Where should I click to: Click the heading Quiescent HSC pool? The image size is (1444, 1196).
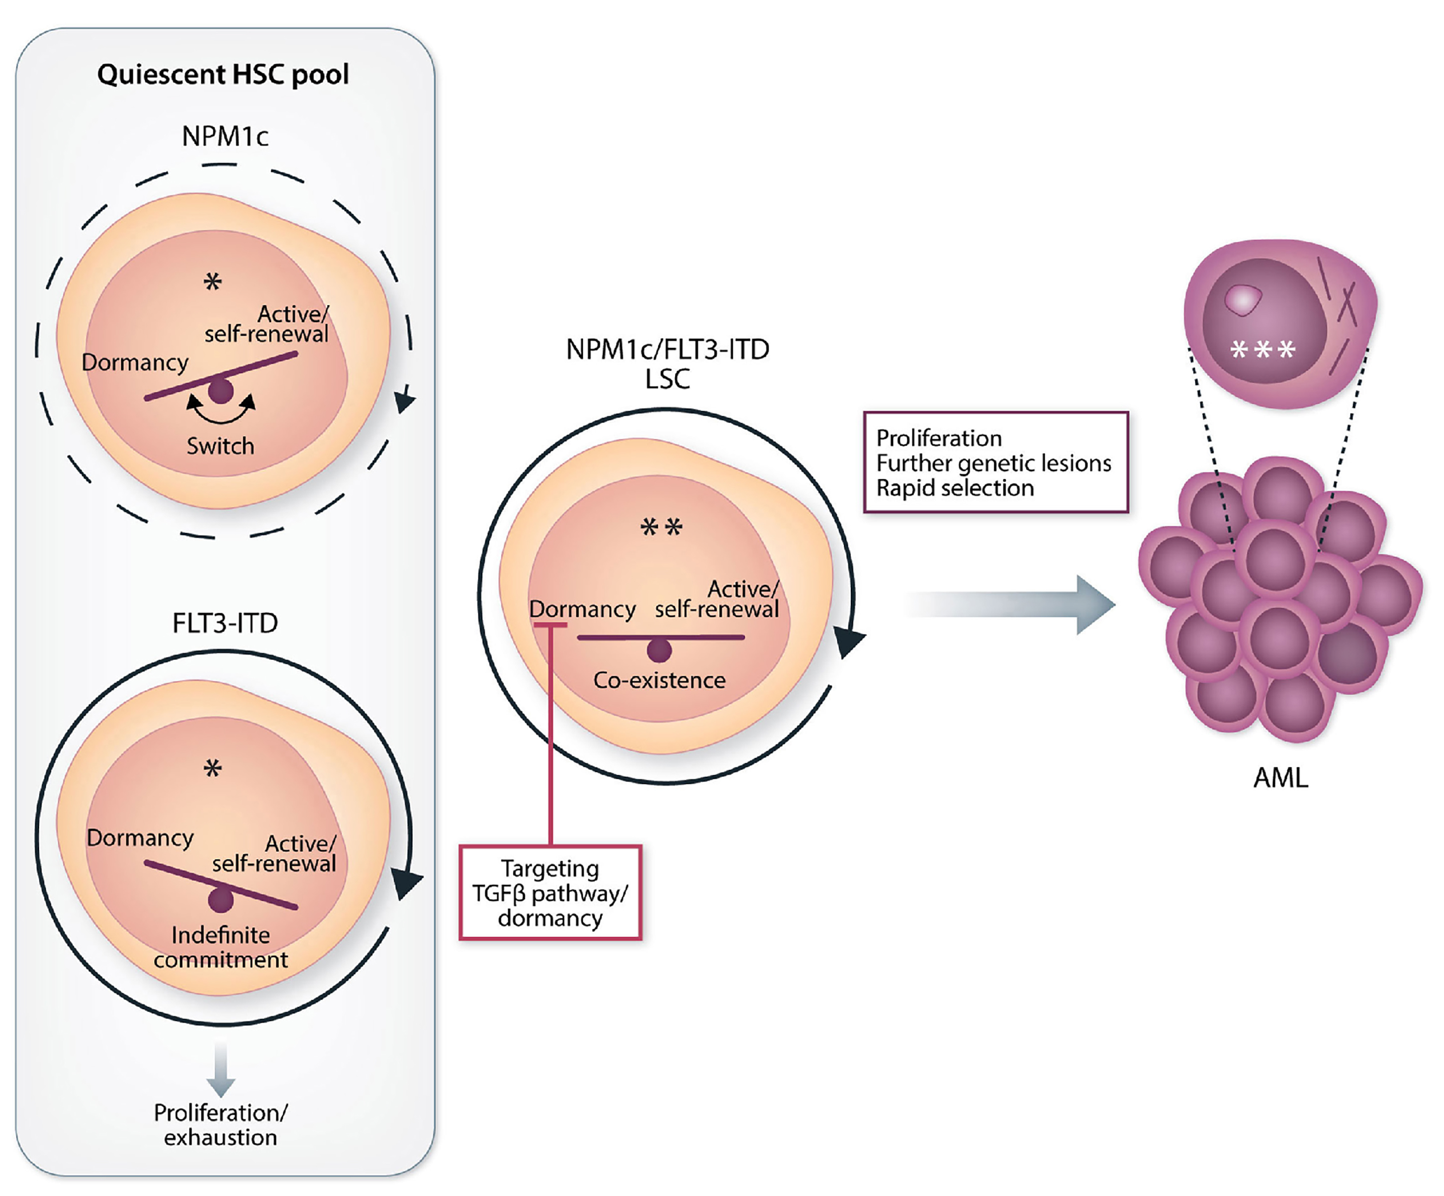coord(223,74)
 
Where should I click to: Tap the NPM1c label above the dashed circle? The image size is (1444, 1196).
coord(225,136)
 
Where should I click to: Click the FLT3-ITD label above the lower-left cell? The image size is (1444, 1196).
coord(225,623)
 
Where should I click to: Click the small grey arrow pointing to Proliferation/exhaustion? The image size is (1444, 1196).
coord(221,1070)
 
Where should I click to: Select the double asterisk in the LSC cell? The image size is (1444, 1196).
coord(661,528)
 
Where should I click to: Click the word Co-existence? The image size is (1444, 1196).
coord(659,680)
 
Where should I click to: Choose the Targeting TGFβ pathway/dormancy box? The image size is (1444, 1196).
coord(550,893)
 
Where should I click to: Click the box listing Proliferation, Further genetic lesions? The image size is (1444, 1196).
coord(995,462)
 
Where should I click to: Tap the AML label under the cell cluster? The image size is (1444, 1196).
coord(1280,778)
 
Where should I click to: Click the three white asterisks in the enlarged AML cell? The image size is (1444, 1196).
coord(1263,350)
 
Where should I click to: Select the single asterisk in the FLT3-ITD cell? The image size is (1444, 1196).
coord(213,768)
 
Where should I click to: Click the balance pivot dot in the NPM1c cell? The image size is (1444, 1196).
coord(221,391)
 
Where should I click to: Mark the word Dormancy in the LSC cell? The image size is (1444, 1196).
coord(582,609)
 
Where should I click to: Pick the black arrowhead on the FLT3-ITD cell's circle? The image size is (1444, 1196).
coord(406,882)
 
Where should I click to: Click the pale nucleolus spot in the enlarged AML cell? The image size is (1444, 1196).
coord(1243,300)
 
